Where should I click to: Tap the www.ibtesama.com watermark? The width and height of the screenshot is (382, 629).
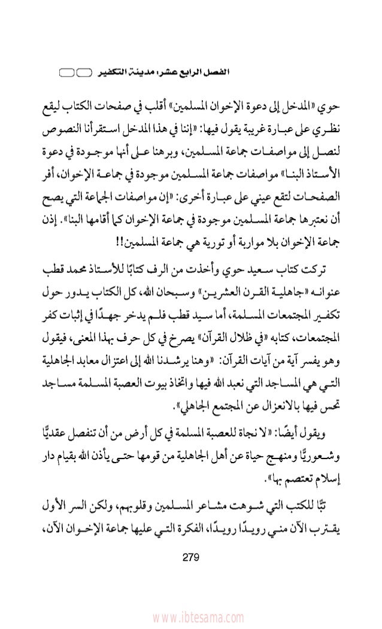click(x=191, y=616)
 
